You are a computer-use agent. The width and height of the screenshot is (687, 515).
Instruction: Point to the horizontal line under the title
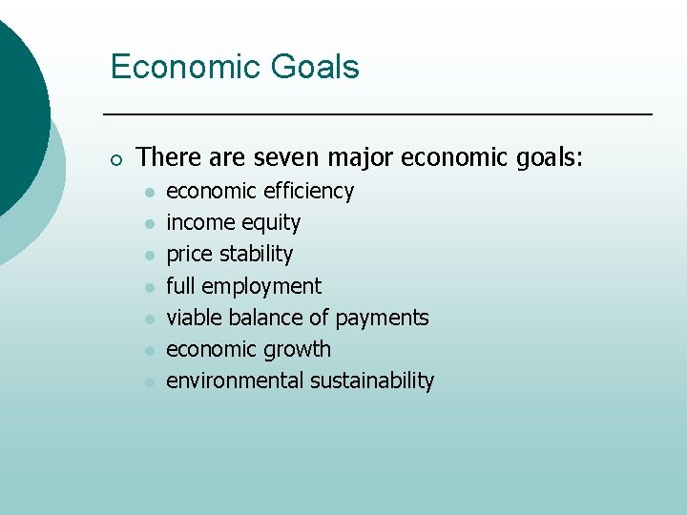point(377,114)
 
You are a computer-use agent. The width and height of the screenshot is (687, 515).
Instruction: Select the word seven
point(288,156)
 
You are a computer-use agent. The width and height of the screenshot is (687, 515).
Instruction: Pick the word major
point(361,156)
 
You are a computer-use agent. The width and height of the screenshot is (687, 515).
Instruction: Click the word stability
point(256,255)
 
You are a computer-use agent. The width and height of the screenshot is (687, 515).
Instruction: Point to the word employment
point(261,286)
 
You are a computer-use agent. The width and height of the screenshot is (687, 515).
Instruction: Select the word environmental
point(235,381)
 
